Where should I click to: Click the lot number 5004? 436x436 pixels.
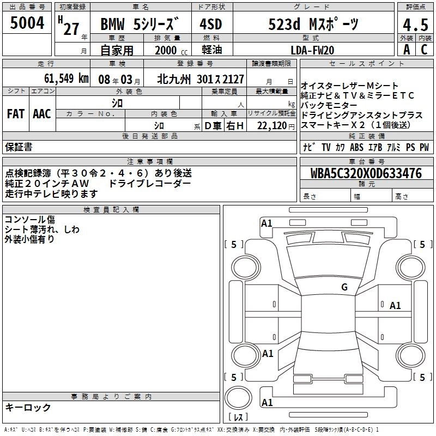(27, 22)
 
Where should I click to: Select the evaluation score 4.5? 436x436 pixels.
(415, 25)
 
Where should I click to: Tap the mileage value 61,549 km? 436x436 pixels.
(66, 78)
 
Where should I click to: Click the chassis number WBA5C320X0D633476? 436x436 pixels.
(366, 173)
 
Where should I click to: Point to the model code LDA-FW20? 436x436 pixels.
(312, 50)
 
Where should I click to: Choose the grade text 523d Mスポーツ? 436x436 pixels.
(313, 24)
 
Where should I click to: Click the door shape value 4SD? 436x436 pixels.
(211, 24)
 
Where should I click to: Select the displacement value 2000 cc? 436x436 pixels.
(171, 50)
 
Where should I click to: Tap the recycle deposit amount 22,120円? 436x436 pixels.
(276, 126)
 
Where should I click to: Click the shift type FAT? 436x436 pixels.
(16, 114)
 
